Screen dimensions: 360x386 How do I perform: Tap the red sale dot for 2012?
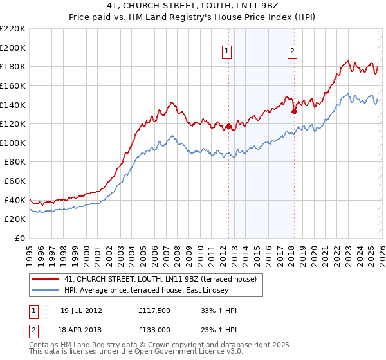click(228, 126)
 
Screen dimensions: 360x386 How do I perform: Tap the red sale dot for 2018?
click(294, 111)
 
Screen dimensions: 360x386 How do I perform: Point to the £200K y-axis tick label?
click(13, 48)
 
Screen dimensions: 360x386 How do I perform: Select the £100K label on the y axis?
click(13, 143)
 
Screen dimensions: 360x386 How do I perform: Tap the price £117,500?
click(153, 310)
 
